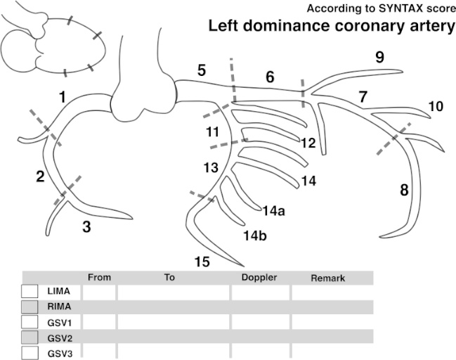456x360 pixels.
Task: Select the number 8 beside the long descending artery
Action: [403, 189]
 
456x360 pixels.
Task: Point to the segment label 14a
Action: [273, 210]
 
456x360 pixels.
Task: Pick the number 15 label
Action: [202, 262]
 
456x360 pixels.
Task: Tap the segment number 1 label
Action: [63, 97]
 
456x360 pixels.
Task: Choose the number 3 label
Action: [86, 226]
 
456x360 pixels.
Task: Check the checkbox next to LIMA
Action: [30, 290]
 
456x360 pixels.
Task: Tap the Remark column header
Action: [327, 278]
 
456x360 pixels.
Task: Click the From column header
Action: [100, 278]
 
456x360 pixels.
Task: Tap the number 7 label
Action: [363, 97]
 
